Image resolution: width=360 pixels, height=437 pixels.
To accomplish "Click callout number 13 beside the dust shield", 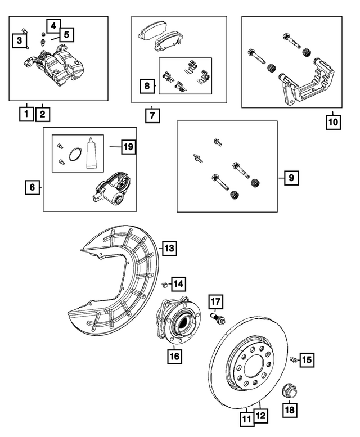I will coord(169,247).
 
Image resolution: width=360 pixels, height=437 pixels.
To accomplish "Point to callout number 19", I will coord(129,147).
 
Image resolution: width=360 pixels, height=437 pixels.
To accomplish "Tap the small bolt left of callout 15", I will coord(292,358).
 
